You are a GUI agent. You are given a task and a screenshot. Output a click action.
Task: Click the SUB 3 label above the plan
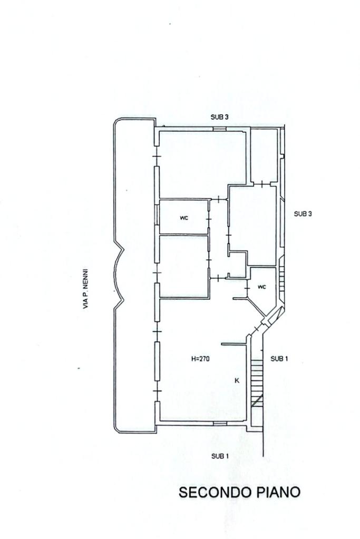219,117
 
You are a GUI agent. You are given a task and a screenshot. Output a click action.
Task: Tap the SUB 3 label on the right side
303,214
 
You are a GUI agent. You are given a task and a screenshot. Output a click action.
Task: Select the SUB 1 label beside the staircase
279,359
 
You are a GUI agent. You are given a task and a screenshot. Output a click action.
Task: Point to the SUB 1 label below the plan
220,456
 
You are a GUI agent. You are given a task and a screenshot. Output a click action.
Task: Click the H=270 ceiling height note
200,359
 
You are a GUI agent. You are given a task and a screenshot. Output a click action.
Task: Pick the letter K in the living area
237,380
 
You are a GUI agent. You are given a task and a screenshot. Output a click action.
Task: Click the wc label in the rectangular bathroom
184,218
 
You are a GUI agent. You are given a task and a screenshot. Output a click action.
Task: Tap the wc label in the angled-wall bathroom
261,287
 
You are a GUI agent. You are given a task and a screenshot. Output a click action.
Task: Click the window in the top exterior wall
219,129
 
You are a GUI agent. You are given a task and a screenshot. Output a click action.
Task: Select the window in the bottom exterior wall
220,423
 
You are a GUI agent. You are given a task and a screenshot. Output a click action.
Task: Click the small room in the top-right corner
264,155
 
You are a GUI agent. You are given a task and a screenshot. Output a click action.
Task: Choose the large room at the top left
203,164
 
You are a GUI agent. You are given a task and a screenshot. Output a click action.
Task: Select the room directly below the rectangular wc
184,266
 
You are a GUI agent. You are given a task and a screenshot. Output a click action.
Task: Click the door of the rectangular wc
209,219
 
